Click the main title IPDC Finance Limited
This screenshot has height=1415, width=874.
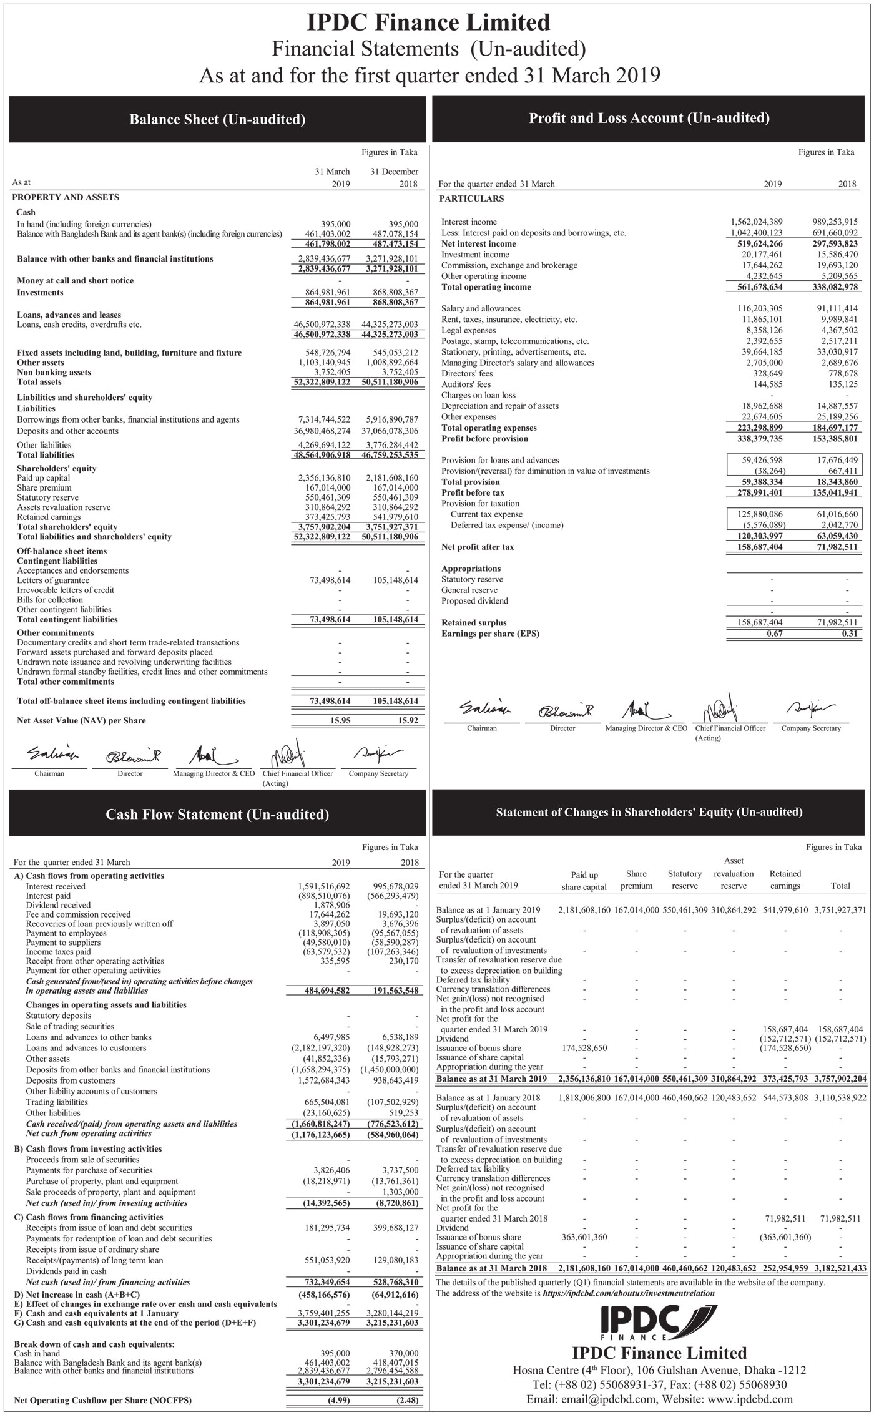click(x=429, y=23)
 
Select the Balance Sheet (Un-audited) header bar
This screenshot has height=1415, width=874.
click(x=217, y=119)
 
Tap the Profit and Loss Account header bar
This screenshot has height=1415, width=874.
click(x=649, y=118)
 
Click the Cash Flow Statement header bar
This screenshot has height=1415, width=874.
click(x=217, y=814)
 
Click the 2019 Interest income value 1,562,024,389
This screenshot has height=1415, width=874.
click(x=756, y=222)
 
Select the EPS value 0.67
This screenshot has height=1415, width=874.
click(x=774, y=634)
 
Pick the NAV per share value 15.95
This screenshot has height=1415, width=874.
click(x=340, y=720)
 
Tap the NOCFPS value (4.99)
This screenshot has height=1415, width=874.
click(x=340, y=1399)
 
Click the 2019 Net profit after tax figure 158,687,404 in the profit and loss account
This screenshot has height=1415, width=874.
click(x=756, y=547)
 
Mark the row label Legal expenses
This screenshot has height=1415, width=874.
click(x=468, y=330)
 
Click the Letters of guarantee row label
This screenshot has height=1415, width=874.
click(x=53, y=580)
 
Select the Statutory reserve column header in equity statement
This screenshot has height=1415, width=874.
click(x=684, y=879)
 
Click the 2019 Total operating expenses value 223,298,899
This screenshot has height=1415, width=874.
click(x=756, y=428)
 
